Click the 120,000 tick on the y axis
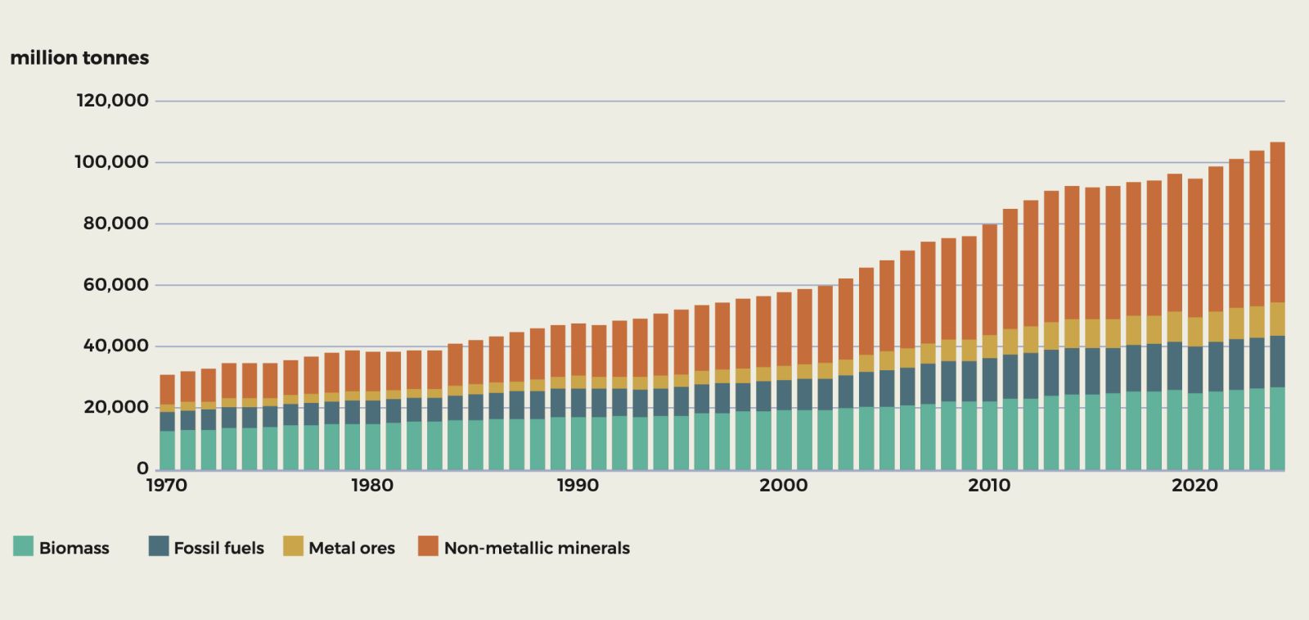click(113, 101)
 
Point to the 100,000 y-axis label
click(113, 162)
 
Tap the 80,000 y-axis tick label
click(116, 224)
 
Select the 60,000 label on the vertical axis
click(116, 285)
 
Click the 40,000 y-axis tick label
click(116, 346)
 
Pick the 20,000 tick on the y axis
click(116, 408)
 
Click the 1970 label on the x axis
click(167, 486)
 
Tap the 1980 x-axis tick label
click(372, 486)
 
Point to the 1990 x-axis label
click(578, 486)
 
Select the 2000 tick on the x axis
click(783, 486)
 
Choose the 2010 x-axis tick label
click(989, 486)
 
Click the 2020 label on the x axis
click(1194, 486)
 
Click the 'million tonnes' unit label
click(79, 58)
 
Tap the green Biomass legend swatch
click(23, 546)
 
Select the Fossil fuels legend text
click(218, 548)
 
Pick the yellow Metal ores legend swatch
click(293, 546)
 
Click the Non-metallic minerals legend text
click(537, 548)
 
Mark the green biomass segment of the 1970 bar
click(167, 450)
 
